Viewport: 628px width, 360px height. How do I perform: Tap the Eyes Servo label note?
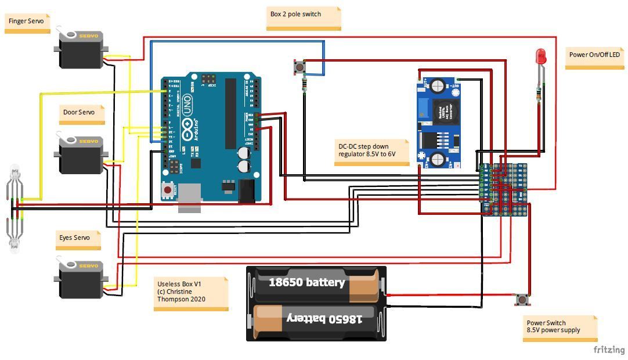pyautogui.click(x=78, y=239)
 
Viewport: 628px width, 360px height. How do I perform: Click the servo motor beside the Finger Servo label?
pyautogui.click(x=82, y=50)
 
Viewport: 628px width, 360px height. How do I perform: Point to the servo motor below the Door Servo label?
pyautogui.click(x=82, y=155)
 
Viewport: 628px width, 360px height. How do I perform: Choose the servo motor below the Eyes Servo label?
pyautogui.click(x=82, y=280)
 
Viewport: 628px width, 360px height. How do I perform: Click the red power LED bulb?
pyautogui.click(x=540, y=57)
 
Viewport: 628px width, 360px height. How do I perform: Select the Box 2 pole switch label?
pyautogui.click(x=304, y=17)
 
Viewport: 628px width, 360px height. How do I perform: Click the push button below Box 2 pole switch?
pyautogui.click(x=299, y=67)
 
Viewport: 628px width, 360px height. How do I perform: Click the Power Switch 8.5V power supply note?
pyautogui.click(x=560, y=327)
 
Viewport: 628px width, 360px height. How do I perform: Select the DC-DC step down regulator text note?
pyautogui.click(x=372, y=152)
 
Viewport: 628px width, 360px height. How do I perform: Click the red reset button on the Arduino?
pyautogui.click(x=168, y=190)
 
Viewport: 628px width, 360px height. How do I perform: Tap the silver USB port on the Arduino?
pyautogui.click(x=189, y=197)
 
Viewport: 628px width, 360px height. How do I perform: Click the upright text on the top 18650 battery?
pyautogui.click(x=306, y=283)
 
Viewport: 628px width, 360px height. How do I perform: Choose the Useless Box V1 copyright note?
pyautogui.click(x=190, y=293)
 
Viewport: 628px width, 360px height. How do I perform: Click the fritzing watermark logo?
pyautogui.click(x=609, y=350)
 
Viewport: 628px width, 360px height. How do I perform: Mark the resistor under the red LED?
pyautogui.click(x=539, y=93)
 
